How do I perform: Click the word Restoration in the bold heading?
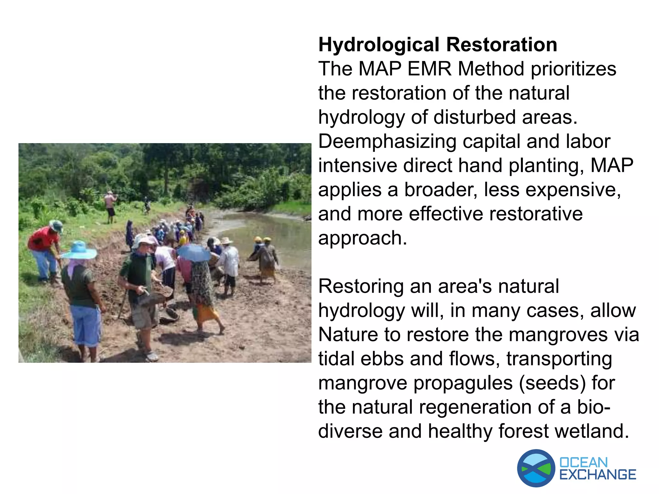pyautogui.click(x=502, y=45)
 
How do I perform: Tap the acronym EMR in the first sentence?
pyautogui.click(x=429, y=69)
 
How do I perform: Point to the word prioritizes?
pyautogui.click(x=573, y=69)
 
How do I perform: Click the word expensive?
pyautogui.click(x=570, y=190)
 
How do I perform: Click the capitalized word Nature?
pyautogui.click(x=348, y=334)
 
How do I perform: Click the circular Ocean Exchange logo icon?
pyautogui.click(x=536, y=468)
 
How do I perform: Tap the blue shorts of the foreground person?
pyautogui.click(x=86, y=325)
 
